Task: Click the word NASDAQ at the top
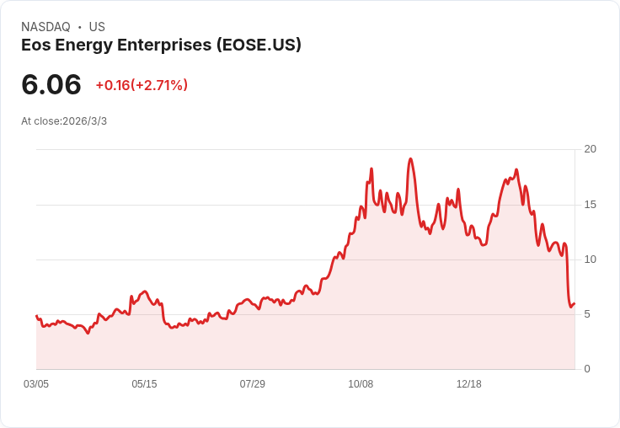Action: [x=45, y=27]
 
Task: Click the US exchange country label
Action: [x=97, y=27]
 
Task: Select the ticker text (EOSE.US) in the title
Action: [x=259, y=45]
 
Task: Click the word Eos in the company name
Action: [x=35, y=45]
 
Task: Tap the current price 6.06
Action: [x=51, y=84]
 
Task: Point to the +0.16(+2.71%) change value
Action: [x=142, y=85]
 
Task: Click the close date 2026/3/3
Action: [x=84, y=121]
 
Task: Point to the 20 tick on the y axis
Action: [x=591, y=149]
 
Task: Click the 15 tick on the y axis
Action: [x=591, y=205]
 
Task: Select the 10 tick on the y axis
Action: [x=591, y=259]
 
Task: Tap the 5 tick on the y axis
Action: [x=587, y=314]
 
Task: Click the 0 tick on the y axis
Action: [x=587, y=369]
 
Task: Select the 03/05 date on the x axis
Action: [x=36, y=384]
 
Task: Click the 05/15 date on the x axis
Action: [x=144, y=384]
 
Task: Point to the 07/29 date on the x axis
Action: [x=252, y=384]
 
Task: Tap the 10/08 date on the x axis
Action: [x=361, y=384]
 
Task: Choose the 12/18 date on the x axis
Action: [x=468, y=384]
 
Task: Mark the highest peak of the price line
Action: [x=410, y=159]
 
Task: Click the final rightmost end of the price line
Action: [x=574, y=304]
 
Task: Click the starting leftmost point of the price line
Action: [x=36, y=316]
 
